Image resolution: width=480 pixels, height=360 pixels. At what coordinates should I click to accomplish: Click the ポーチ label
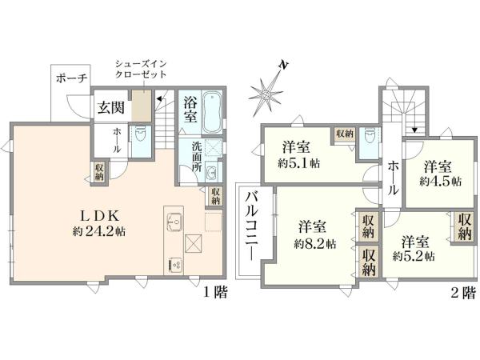point(71,78)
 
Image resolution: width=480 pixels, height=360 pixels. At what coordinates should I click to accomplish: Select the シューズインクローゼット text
point(141,69)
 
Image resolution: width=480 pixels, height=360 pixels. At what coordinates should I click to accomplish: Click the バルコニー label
point(251,223)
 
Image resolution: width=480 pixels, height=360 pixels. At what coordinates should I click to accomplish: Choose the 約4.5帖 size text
point(440,182)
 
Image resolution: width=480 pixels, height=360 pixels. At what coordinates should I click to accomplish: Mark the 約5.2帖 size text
point(414,256)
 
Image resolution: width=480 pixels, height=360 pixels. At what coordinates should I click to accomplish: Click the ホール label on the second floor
point(394,178)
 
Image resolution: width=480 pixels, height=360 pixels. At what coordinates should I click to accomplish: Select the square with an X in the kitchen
point(194,243)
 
